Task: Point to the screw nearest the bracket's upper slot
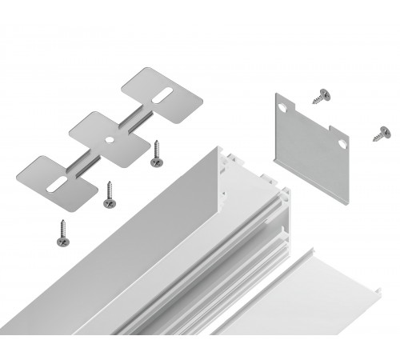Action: [x=155, y=156]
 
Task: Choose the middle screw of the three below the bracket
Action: [x=106, y=196]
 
